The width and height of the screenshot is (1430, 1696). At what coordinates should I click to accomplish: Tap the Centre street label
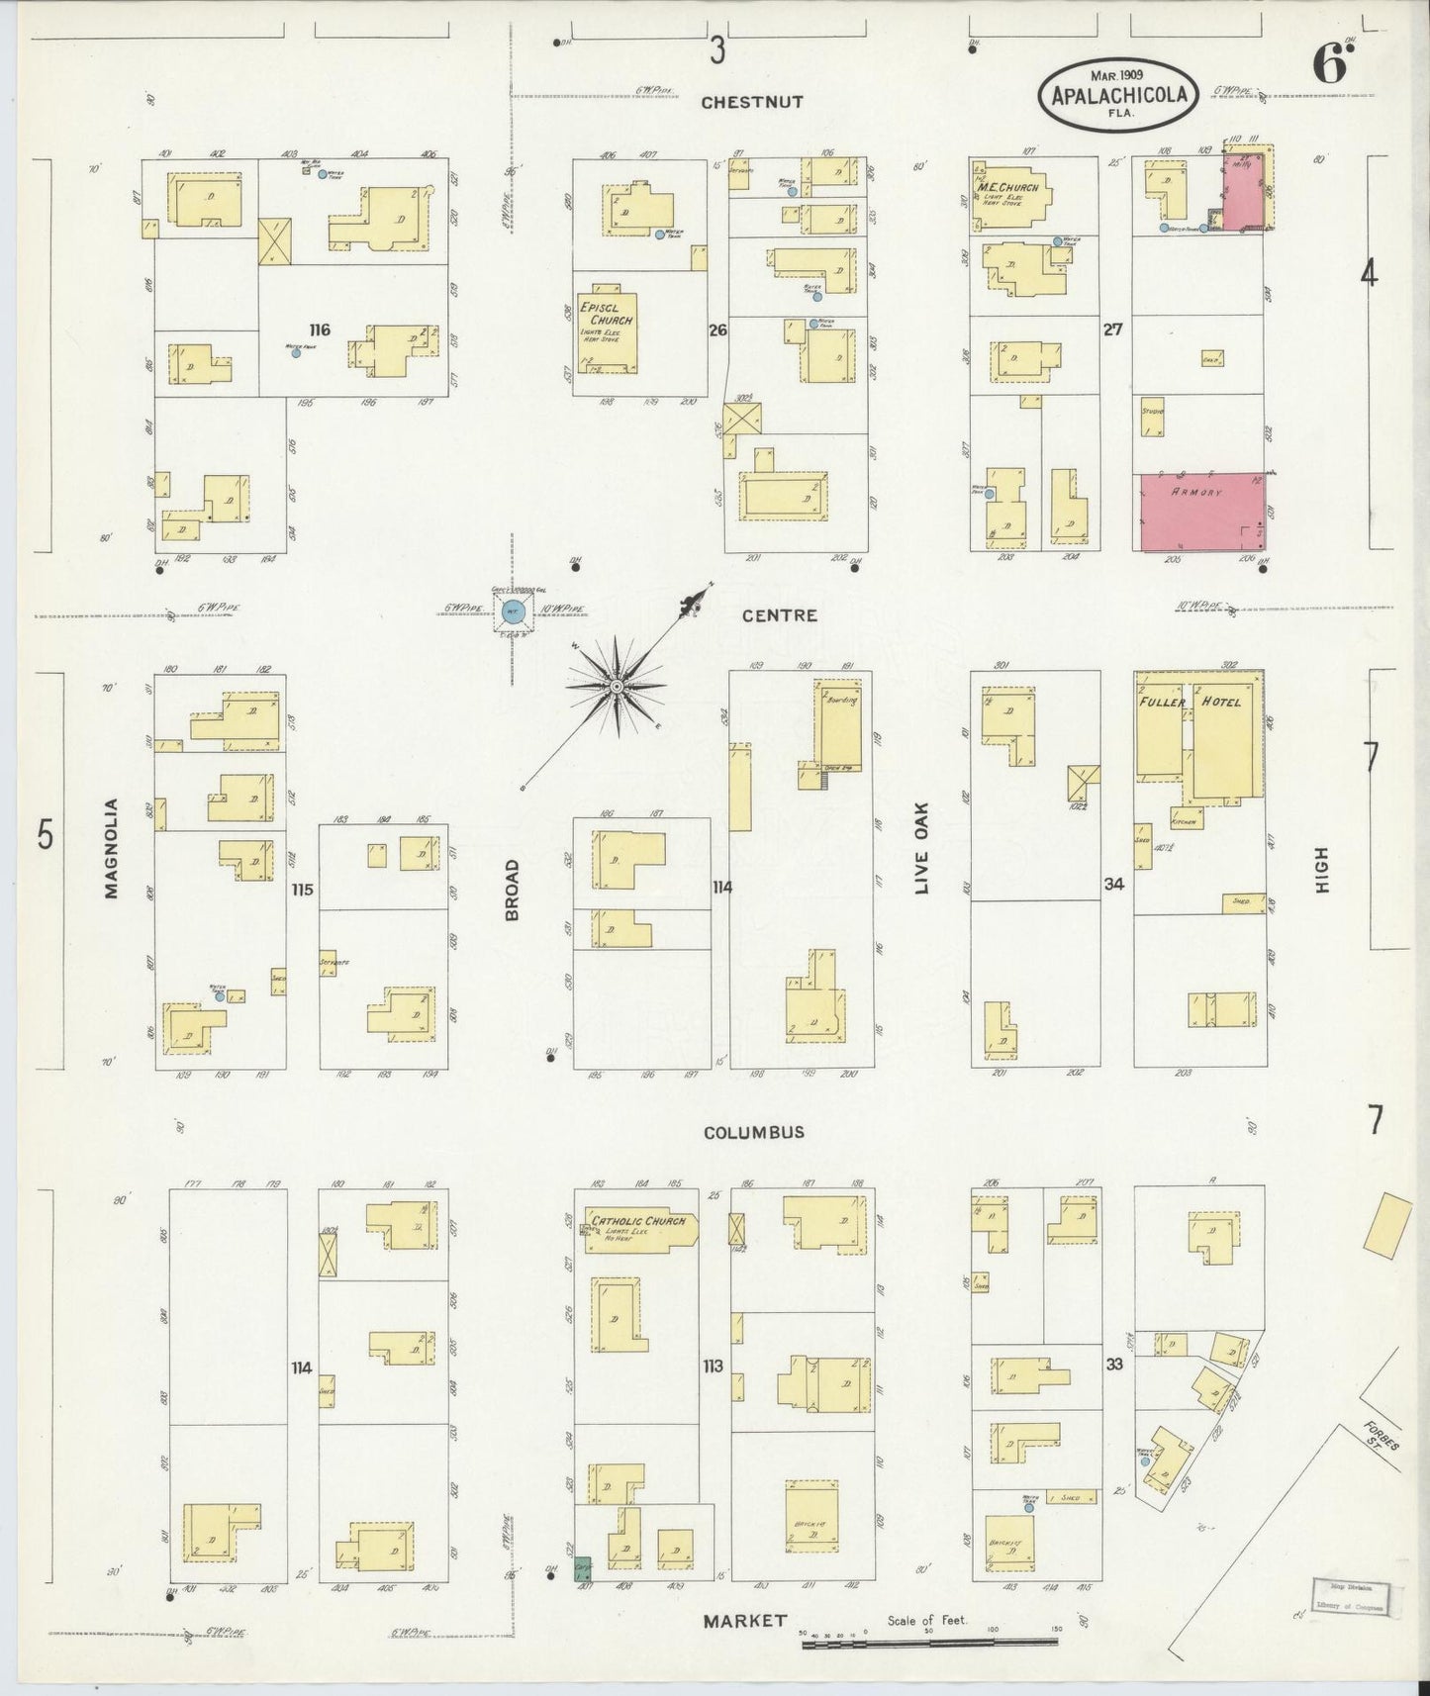[781, 615]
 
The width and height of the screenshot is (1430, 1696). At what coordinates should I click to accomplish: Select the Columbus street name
[753, 1132]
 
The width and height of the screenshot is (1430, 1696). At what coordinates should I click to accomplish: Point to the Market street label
[744, 1621]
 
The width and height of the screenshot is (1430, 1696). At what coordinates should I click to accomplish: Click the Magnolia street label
[111, 848]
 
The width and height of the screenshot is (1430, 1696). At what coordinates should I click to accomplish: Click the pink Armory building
[1202, 513]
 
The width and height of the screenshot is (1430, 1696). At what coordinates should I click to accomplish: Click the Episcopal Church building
[608, 331]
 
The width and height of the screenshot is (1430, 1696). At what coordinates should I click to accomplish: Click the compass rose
[617, 686]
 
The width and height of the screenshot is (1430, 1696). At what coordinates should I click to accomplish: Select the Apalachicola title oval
[1118, 95]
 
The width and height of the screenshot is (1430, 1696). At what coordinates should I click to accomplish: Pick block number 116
[318, 330]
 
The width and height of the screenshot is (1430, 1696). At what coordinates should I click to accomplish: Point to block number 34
[1114, 884]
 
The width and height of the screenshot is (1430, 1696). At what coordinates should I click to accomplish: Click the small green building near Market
[582, 1569]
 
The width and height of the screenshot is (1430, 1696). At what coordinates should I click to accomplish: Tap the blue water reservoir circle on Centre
[514, 612]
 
